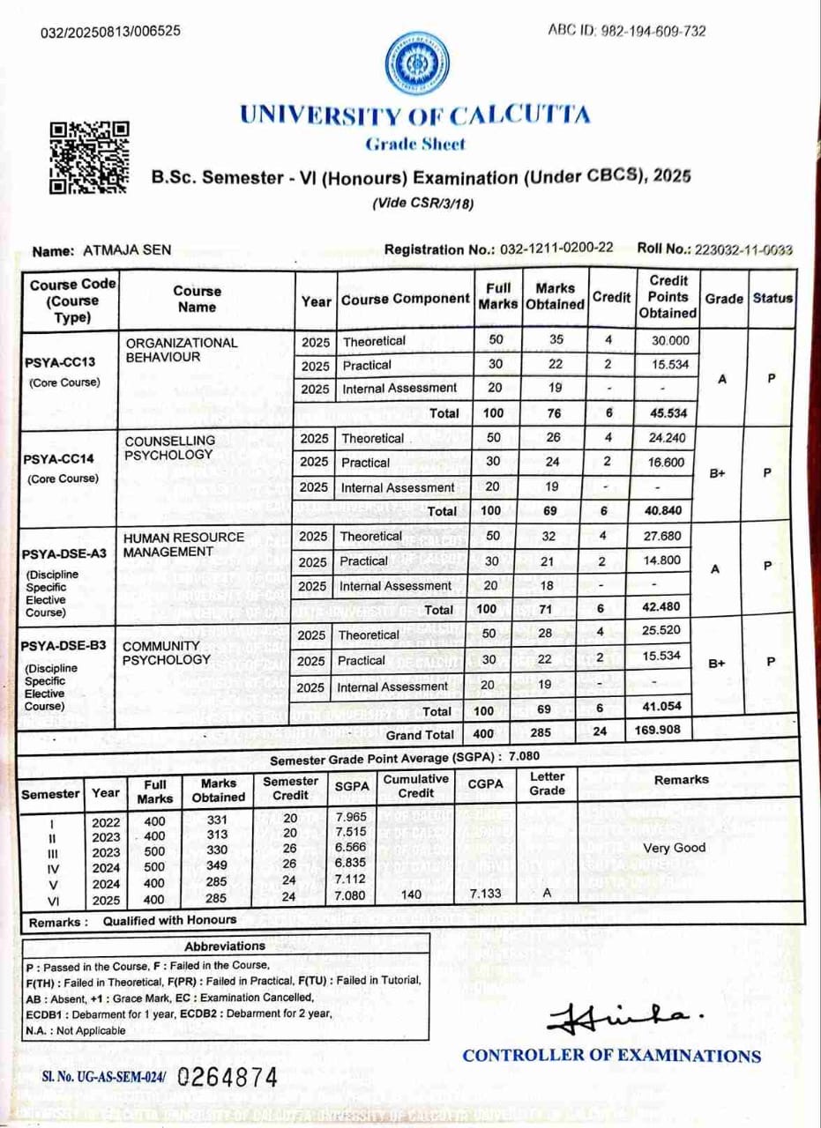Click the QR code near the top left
[90, 158]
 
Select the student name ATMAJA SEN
[126, 250]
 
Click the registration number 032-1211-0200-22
[556, 249]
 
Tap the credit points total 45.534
[668, 412]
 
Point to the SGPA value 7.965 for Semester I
[352, 817]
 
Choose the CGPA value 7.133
[486, 894]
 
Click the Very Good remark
[675, 848]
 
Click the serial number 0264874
[227, 1077]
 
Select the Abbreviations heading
[225, 946]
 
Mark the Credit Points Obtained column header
[668, 297]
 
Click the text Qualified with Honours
[170, 921]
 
